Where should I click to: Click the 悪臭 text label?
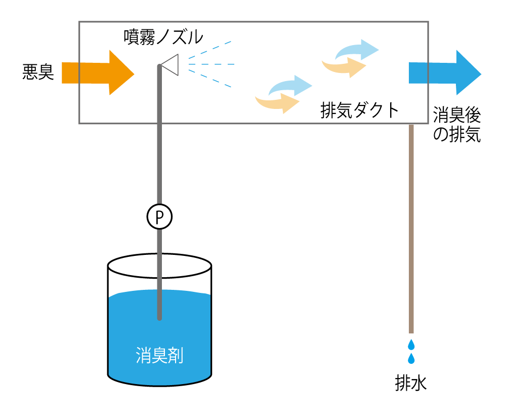38,72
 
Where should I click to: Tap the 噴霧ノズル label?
163,36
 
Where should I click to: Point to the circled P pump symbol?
159,217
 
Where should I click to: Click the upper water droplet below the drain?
411,345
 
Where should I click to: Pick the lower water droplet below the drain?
411,359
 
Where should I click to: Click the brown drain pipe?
411,228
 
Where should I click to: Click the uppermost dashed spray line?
209,50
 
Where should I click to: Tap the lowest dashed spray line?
210,80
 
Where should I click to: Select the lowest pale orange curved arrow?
276,103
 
